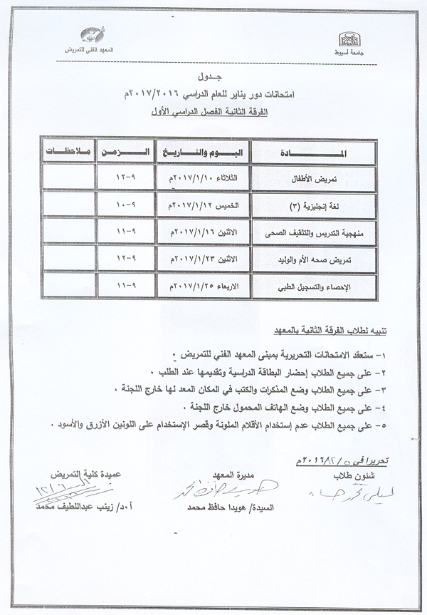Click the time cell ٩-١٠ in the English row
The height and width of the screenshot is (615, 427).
click(127, 205)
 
